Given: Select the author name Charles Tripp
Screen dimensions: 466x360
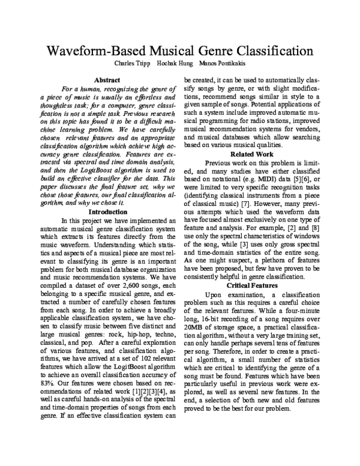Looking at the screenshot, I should coord(133,63).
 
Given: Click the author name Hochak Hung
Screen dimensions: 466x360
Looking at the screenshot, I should coord(175,63).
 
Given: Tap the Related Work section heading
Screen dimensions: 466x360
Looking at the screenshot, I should coord(252,154).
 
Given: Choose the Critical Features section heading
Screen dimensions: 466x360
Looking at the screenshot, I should coord(252,286).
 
